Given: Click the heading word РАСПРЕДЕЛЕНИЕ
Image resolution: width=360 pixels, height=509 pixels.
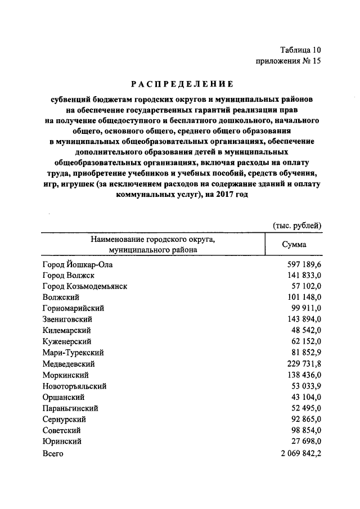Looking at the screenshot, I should click(x=182, y=84).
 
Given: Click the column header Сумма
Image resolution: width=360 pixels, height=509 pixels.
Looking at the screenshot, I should click(x=294, y=245).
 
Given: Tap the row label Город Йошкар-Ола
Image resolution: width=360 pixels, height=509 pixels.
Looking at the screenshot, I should click(x=82, y=264).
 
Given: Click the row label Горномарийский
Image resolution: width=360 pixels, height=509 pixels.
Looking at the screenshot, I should click(x=73, y=308).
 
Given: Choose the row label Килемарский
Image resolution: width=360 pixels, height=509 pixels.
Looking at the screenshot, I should click(x=66, y=330).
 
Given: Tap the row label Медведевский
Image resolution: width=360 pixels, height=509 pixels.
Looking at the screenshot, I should click(x=70, y=363).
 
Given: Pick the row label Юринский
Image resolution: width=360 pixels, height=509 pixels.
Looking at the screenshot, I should click(x=62, y=441).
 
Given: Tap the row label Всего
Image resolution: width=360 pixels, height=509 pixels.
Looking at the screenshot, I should click(x=53, y=453).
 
